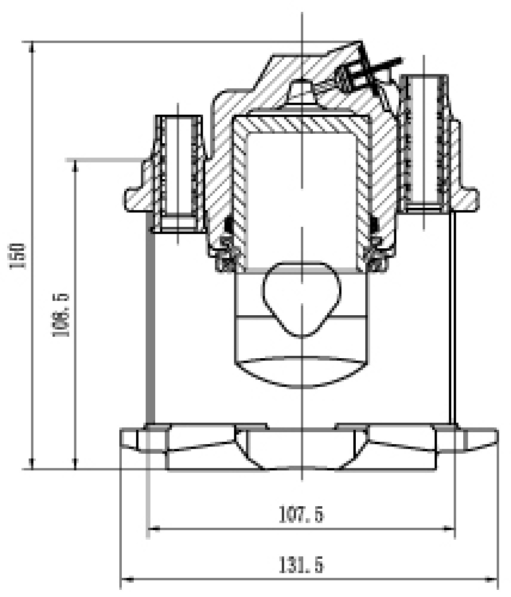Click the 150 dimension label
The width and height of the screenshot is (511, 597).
pos(19,256)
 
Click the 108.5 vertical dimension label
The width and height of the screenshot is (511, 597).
pos(60,315)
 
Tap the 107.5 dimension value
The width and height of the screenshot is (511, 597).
pos(301,514)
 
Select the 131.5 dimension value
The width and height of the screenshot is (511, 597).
pos(301,565)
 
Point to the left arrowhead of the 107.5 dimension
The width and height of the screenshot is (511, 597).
pos(153,528)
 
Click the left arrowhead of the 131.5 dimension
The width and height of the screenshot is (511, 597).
pos(127,580)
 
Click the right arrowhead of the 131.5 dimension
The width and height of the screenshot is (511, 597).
pos(492,580)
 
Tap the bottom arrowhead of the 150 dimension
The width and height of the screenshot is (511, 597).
pos(32,463)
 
